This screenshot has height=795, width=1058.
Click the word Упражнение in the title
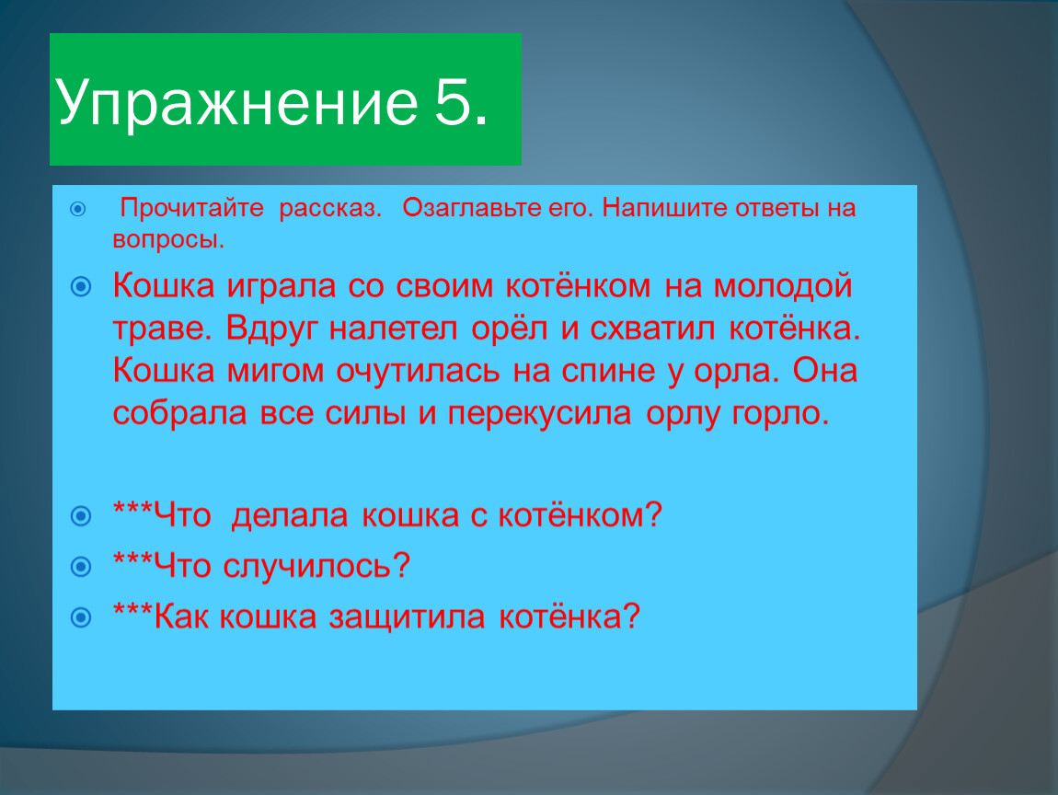click(x=236, y=102)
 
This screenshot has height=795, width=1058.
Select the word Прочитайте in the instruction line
click(x=191, y=208)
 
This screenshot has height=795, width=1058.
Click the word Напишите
click(x=664, y=207)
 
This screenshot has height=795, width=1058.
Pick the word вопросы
click(x=168, y=239)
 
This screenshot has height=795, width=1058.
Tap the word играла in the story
click(x=282, y=286)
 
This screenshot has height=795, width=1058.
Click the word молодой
click(x=783, y=285)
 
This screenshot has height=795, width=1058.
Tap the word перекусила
click(x=539, y=414)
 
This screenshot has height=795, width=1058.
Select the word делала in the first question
click(x=290, y=515)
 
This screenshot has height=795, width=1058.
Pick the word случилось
click(x=316, y=566)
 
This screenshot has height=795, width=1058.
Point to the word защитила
click(x=407, y=616)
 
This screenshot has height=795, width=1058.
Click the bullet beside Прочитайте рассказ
click(x=78, y=209)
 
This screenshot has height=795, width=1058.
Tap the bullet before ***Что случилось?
click(x=81, y=566)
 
